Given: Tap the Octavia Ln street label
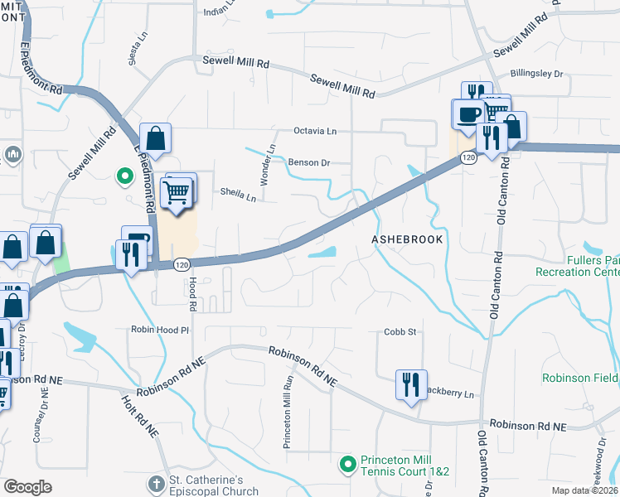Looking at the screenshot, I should (317, 131).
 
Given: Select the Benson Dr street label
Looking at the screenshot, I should (308, 162).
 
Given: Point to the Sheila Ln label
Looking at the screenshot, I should (239, 194).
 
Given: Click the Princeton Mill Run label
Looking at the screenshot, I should (288, 411).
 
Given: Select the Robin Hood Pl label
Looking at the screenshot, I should (161, 330).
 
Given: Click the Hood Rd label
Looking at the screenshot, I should (191, 295).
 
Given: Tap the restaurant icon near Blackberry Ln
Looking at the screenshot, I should (411, 384).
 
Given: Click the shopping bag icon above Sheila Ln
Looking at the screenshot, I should (155, 138).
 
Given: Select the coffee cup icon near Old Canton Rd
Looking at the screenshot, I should (467, 113).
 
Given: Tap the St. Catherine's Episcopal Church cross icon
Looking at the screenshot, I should (156, 483).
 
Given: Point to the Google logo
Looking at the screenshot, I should (28, 487).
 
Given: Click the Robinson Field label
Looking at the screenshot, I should (580, 378).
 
